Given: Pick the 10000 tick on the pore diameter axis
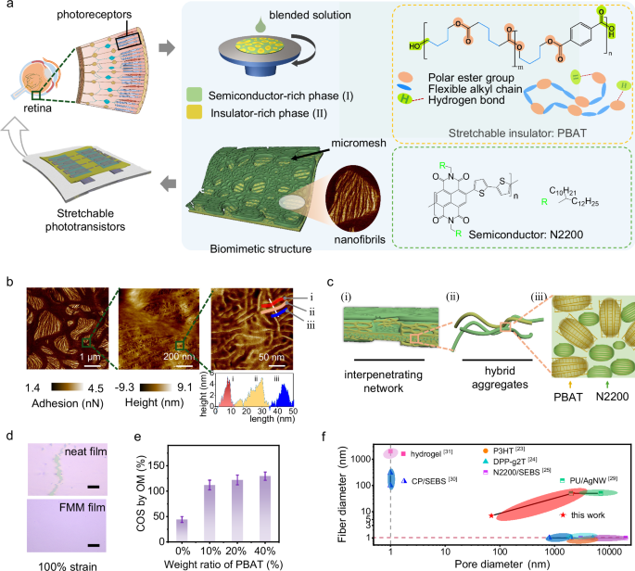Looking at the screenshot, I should (x=612, y=552).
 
